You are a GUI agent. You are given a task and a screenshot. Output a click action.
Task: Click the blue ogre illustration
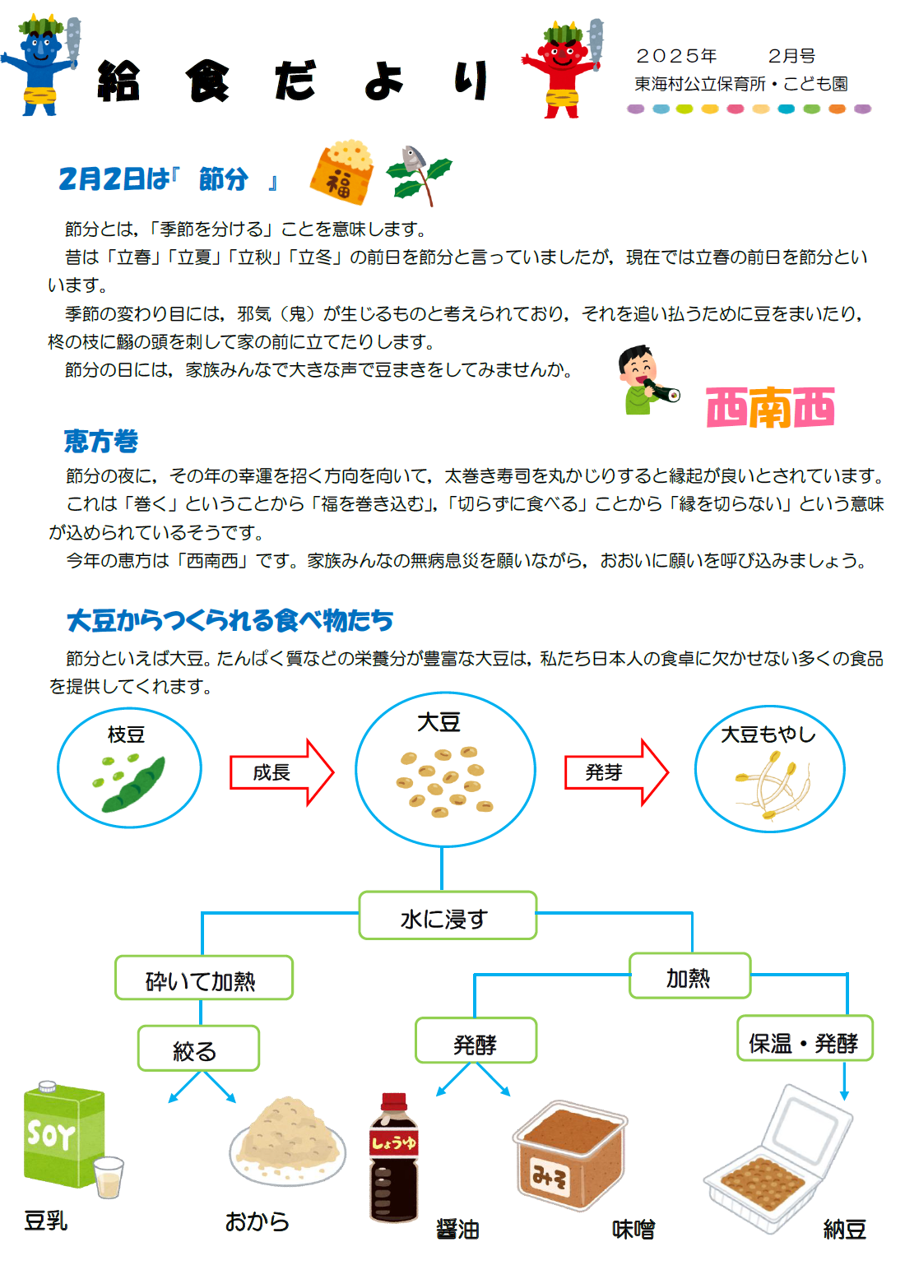(41, 66)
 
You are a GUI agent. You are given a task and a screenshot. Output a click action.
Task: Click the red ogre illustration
(563, 68)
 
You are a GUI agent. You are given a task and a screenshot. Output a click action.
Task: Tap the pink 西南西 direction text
(770, 407)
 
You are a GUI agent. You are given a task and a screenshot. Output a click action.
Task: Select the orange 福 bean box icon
(341, 173)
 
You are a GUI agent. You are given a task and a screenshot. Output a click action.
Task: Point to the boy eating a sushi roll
(647, 379)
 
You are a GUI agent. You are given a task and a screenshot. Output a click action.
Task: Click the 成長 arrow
(281, 772)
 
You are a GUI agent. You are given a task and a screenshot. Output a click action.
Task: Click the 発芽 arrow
(616, 772)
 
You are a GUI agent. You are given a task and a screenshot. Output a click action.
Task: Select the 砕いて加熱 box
(204, 977)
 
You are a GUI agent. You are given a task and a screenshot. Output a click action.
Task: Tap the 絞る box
(198, 1048)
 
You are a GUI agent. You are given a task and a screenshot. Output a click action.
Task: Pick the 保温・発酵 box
(805, 1038)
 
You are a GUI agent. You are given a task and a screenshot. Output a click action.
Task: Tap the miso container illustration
(569, 1155)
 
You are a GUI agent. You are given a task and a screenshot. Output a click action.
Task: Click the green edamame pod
(133, 785)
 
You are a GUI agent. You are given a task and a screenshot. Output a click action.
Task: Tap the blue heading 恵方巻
(101, 442)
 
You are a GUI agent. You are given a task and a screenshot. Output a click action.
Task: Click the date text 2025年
(676, 56)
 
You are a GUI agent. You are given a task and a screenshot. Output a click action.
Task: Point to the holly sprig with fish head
(419, 175)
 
